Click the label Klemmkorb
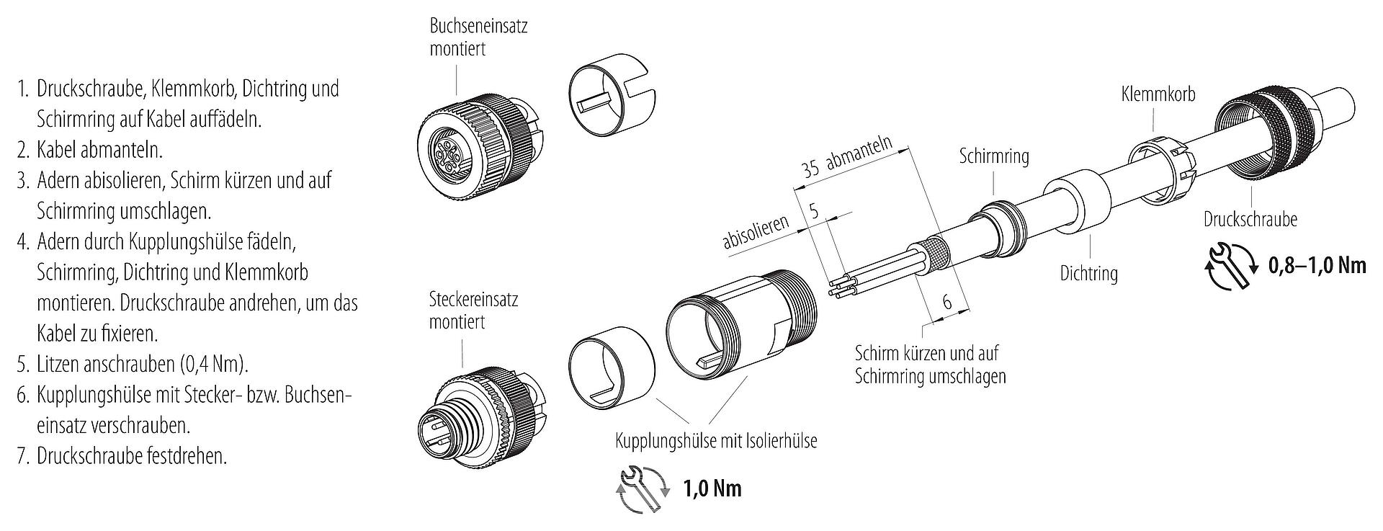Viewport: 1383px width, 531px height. point(1158,94)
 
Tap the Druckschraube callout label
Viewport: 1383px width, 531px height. point(1250,219)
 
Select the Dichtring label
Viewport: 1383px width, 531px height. point(1088,273)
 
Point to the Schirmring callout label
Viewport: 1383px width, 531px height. point(993,156)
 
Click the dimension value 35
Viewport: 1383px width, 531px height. point(811,171)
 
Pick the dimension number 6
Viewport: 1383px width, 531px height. point(946,302)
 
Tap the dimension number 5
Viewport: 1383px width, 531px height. point(814,211)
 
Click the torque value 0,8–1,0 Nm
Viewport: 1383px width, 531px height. point(1316,265)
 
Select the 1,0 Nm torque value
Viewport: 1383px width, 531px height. point(712,489)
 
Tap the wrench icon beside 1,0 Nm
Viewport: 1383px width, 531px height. point(640,489)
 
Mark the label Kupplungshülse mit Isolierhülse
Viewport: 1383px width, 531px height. point(716,440)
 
